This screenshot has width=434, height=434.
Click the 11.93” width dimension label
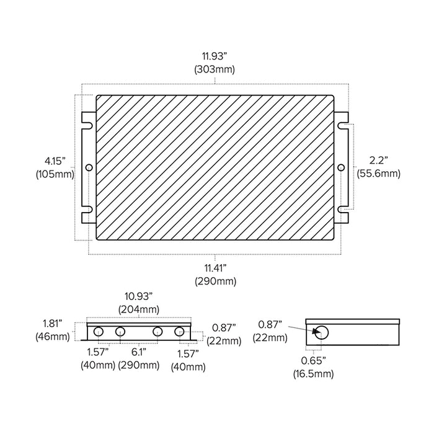click(x=215, y=56)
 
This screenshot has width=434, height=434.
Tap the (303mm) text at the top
click(x=215, y=69)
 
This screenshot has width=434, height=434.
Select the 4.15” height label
click(x=55, y=161)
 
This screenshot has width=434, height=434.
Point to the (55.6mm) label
click(x=378, y=174)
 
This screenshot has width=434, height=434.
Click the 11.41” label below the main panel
click(x=215, y=268)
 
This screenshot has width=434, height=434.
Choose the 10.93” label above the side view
click(x=138, y=296)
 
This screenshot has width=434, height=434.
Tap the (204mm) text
click(x=139, y=309)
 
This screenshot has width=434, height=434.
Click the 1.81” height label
click(x=52, y=323)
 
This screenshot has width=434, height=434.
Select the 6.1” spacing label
click(x=139, y=352)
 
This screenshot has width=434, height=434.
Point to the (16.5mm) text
click(x=313, y=374)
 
